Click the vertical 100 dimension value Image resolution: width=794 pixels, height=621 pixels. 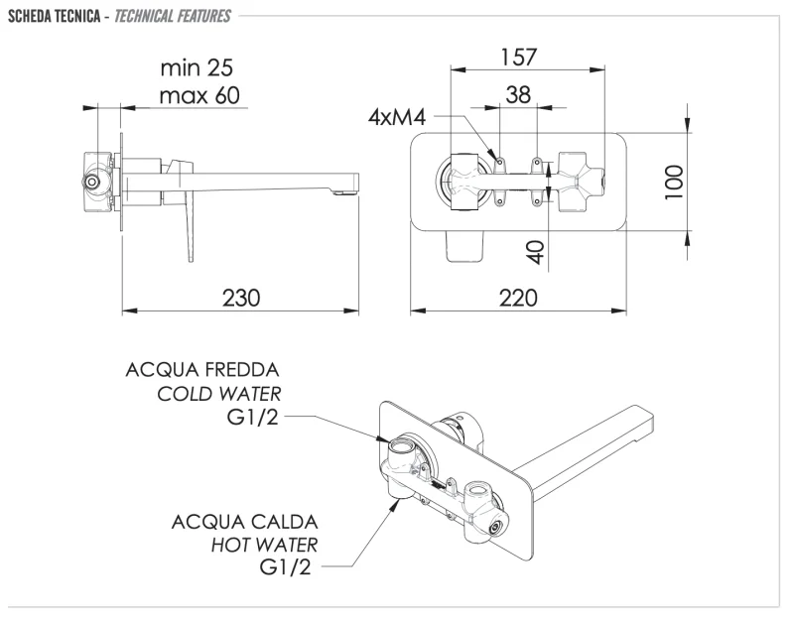pos(675,183)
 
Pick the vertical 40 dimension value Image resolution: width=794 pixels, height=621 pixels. pos(537,249)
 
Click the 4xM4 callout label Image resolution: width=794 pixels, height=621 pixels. pos(397,118)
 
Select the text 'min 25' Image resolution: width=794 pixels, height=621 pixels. pos(197,68)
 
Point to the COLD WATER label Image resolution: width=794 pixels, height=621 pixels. pos(218,394)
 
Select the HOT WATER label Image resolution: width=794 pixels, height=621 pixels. pos(264,545)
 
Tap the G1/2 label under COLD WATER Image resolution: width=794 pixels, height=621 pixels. pos(253,418)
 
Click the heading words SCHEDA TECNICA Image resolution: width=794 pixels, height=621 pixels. pos(49,16)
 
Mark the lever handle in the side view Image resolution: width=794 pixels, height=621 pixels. pos(186,218)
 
